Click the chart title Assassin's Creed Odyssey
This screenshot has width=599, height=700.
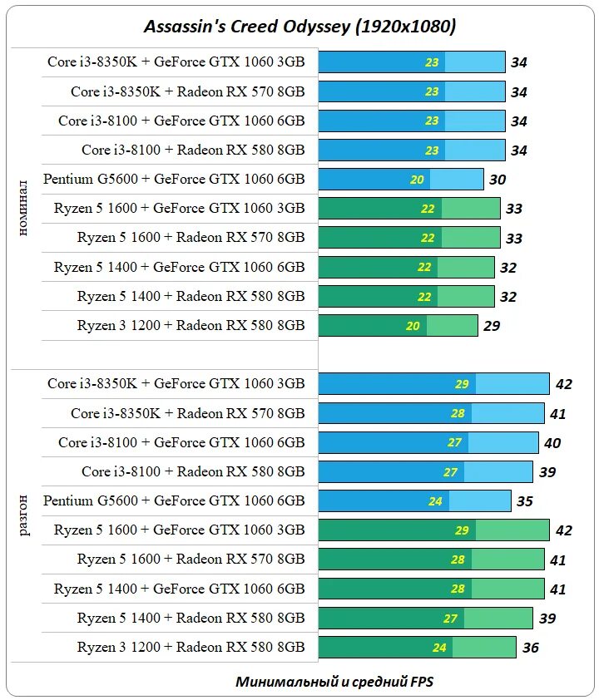tap(300, 27)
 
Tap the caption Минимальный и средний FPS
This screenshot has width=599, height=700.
tap(334, 682)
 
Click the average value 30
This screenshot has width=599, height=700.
tap(498, 180)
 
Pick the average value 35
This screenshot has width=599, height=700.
tap(524, 501)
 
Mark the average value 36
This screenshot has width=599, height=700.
tap(530, 648)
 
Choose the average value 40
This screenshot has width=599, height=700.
tap(552, 443)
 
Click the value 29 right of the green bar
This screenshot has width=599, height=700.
tap(492, 326)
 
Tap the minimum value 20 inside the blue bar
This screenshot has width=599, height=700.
tap(418, 180)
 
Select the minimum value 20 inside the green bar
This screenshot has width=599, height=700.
tap(413, 326)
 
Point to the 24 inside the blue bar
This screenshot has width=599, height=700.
tap(435, 501)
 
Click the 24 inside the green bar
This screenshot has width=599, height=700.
tap(439, 648)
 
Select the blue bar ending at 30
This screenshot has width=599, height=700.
tap(401, 180)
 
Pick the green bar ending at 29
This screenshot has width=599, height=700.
tap(398, 326)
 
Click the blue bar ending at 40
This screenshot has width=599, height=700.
tap(428, 443)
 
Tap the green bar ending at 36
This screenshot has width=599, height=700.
tap(417, 648)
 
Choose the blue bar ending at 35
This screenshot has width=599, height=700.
tap(414, 501)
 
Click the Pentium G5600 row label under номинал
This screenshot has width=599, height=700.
tap(174, 179)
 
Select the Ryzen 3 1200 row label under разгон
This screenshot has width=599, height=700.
tap(191, 647)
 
